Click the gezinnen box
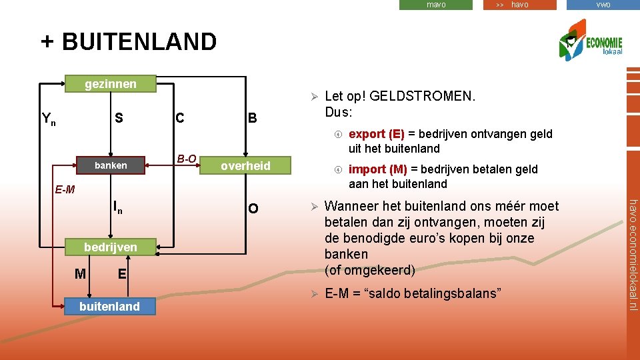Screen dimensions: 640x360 point(110,83)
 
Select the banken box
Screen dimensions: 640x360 point(111,165)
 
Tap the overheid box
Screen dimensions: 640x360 point(245,166)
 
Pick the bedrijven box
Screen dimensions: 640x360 point(111,247)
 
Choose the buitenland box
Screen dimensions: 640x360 point(110,306)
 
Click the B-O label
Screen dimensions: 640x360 point(187,159)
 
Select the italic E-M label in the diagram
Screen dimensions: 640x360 point(65,190)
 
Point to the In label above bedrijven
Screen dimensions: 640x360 point(117,207)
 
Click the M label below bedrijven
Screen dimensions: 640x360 point(80,274)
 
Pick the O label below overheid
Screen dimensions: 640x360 point(253,209)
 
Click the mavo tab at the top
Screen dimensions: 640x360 point(436,5)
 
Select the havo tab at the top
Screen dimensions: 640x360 point(519,5)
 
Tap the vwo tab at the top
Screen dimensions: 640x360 point(603,5)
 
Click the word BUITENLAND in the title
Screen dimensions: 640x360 point(139,41)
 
